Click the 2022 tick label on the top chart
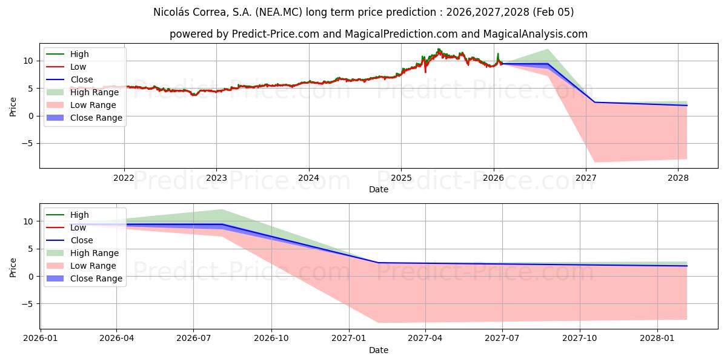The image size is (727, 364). (x=124, y=178)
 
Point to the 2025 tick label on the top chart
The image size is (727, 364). (x=400, y=178)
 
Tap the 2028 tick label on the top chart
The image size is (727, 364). (x=678, y=178)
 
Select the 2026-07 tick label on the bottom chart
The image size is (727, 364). (x=193, y=339)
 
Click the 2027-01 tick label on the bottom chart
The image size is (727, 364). (x=348, y=339)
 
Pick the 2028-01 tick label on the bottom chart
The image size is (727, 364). (x=657, y=339)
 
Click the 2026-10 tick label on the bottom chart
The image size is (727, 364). (x=271, y=339)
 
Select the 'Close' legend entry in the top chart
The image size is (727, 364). (x=82, y=79)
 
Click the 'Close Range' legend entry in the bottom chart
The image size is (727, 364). (x=96, y=278)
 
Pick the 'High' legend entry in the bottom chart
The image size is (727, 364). (x=79, y=215)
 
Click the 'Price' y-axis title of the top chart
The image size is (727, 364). (x=13, y=106)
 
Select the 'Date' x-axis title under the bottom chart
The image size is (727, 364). (x=379, y=350)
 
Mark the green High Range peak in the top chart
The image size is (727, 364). (x=548, y=49)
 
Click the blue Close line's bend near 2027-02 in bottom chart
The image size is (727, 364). (x=378, y=263)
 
